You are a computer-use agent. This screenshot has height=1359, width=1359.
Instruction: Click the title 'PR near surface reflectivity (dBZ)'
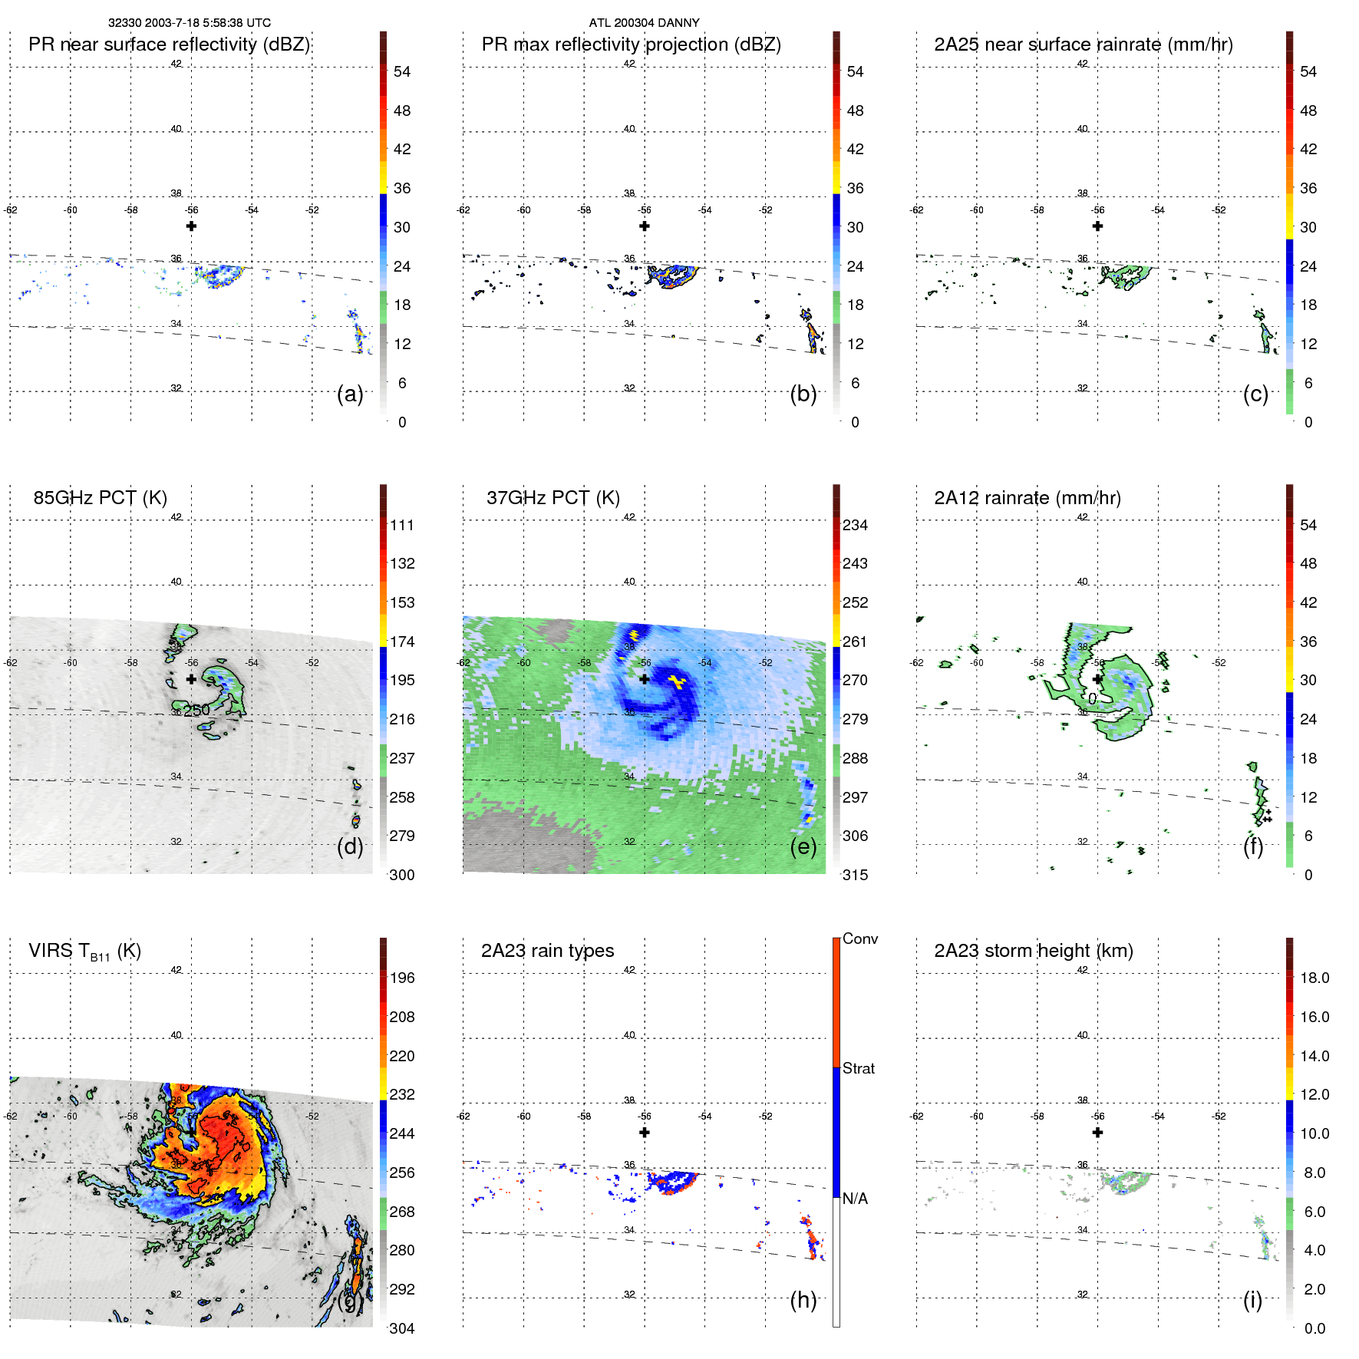[169, 45]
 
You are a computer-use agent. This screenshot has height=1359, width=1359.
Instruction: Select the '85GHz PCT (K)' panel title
[100, 498]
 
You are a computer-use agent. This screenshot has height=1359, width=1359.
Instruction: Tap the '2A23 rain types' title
[547, 951]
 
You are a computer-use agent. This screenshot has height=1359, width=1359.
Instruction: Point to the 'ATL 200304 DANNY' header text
[644, 23]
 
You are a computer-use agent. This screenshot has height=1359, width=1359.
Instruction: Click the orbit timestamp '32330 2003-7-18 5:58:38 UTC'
[189, 23]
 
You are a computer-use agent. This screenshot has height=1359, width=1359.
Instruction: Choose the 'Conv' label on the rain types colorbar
[859, 938]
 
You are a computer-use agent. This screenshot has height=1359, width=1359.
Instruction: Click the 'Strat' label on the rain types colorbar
[858, 1068]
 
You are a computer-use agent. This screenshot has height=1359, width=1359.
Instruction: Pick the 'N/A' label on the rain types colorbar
[855, 1199]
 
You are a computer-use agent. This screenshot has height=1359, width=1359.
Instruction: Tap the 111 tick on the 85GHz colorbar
[402, 526]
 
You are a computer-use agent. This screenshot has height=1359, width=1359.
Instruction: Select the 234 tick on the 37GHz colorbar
[855, 526]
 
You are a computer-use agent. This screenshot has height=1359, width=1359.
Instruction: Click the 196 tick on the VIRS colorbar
[402, 978]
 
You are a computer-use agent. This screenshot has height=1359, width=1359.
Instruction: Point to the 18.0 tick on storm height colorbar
[1314, 978]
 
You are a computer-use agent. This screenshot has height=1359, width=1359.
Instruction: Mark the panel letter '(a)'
[350, 394]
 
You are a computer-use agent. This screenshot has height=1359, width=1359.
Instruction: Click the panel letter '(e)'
[803, 847]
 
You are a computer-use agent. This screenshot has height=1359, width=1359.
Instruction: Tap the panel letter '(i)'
[1252, 1301]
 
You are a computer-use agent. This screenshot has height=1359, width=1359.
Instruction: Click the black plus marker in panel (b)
[645, 226]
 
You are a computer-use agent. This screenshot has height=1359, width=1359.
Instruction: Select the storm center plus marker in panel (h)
[645, 1133]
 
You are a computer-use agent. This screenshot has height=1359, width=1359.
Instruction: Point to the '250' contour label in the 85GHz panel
[196, 711]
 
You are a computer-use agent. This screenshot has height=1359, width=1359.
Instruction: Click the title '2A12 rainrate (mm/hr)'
[1027, 498]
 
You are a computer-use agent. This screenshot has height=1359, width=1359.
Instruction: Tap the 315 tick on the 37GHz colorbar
[855, 875]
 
